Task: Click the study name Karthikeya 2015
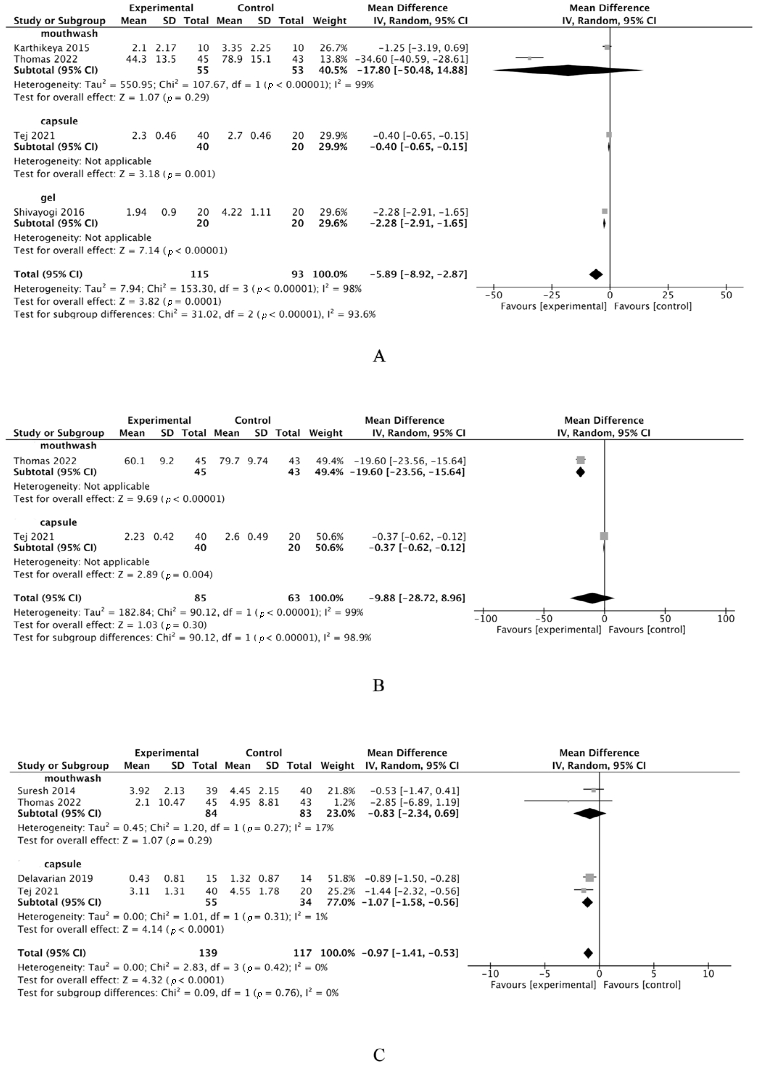click(x=51, y=48)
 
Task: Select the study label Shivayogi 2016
click(x=49, y=212)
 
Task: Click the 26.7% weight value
click(x=333, y=48)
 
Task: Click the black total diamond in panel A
click(x=596, y=275)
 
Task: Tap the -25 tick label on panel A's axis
click(x=551, y=295)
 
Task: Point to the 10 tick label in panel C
click(x=708, y=973)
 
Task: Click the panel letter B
click(x=379, y=685)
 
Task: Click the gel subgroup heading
click(x=48, y=198)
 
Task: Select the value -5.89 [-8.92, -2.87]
click(x=418, y=274)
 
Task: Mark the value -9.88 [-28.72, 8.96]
click(x=417, y=598)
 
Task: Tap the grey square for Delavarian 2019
click(x=589, y=878)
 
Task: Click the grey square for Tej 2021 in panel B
click(x=604, y=536)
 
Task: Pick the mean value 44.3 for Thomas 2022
click(x=139, y=59)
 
